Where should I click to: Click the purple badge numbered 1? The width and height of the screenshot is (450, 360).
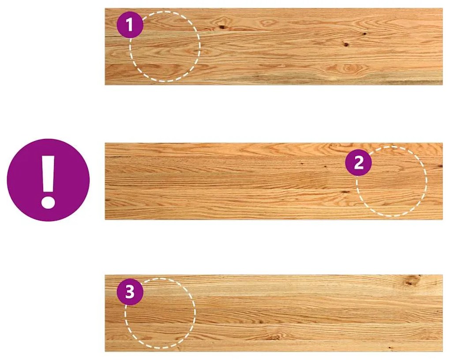pos(130,25)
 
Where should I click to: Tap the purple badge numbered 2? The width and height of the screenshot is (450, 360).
pos(358,163)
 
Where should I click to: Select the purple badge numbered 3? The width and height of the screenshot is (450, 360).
pos(130,292)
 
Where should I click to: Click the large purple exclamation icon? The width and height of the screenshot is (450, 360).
pos(48,180)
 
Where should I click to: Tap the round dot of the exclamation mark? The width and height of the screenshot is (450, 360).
pos(48,202)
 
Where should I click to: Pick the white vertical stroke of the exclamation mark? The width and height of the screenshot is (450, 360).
pos(48,174)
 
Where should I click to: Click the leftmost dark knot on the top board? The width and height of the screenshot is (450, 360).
pos(222,27)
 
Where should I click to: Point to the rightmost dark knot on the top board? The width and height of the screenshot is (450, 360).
pos(365,34)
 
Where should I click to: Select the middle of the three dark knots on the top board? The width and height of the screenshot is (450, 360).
pos(346,45)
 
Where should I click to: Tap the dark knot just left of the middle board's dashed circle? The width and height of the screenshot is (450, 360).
pos(345,191)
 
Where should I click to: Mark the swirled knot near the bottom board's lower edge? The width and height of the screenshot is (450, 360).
pos(274,337)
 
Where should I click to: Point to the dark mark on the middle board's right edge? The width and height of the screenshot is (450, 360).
pos(440,166)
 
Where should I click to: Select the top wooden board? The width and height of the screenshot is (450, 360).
pos(274,46)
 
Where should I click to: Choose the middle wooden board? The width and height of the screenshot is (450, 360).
pos(274,181)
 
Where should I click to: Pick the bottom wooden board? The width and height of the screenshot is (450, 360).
pos(274,314)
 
